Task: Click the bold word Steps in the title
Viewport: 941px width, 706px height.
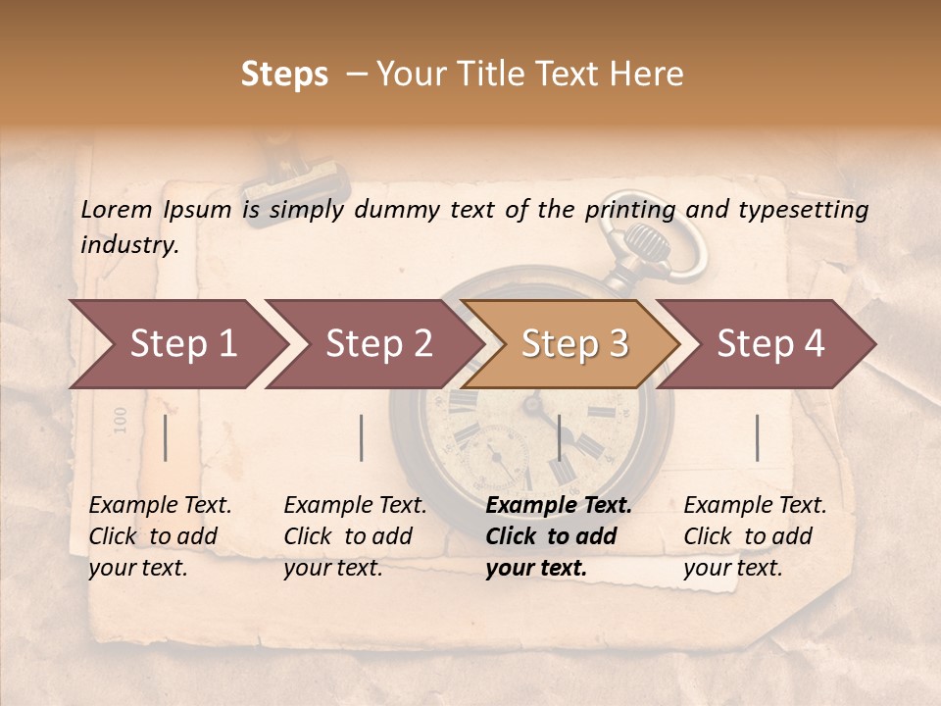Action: click(284, 75)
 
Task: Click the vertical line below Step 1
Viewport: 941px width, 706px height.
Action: click(166, 437)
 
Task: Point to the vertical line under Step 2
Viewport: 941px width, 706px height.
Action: click(362, 437)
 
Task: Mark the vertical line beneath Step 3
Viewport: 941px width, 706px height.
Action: click(559, 437)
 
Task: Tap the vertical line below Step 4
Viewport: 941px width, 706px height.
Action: click(757, 437)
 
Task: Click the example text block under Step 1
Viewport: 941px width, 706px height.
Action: click(160, 536)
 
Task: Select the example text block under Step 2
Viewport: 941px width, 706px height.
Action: click(355, 536)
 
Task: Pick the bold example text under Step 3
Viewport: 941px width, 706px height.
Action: click(559, 536)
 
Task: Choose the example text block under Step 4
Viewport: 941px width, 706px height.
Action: click(755, 536)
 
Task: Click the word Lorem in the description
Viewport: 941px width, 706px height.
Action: click(117, 209)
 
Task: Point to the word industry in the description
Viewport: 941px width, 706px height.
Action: click(129, 245)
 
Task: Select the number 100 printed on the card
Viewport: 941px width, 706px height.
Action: click(121, 420)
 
